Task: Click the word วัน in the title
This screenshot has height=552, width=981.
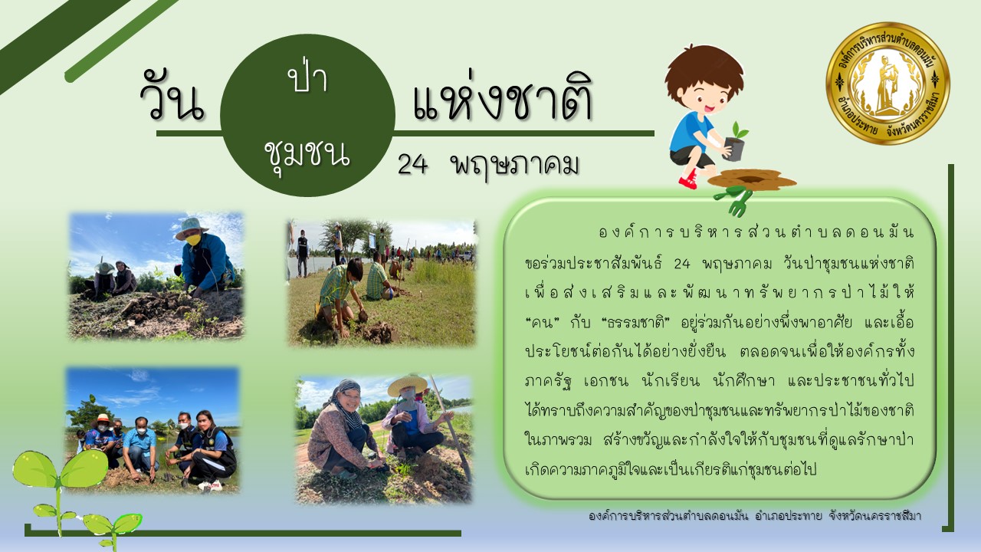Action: pos(172,99)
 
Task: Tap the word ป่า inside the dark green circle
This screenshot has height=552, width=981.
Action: pos(308,77)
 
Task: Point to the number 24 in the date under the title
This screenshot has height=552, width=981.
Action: pos(412,166)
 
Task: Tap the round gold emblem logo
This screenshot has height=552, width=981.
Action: pos(887,84)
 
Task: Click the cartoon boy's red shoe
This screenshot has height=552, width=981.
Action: pos(689,180)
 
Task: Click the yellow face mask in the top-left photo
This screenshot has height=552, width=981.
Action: pos(193,239)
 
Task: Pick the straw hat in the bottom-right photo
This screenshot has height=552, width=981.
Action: pos(407,385)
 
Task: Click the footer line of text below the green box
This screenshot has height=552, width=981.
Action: pos(755,516)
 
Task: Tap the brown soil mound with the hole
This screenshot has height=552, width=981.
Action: pos(752,179)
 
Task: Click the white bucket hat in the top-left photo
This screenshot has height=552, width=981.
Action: pos(191,227)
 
